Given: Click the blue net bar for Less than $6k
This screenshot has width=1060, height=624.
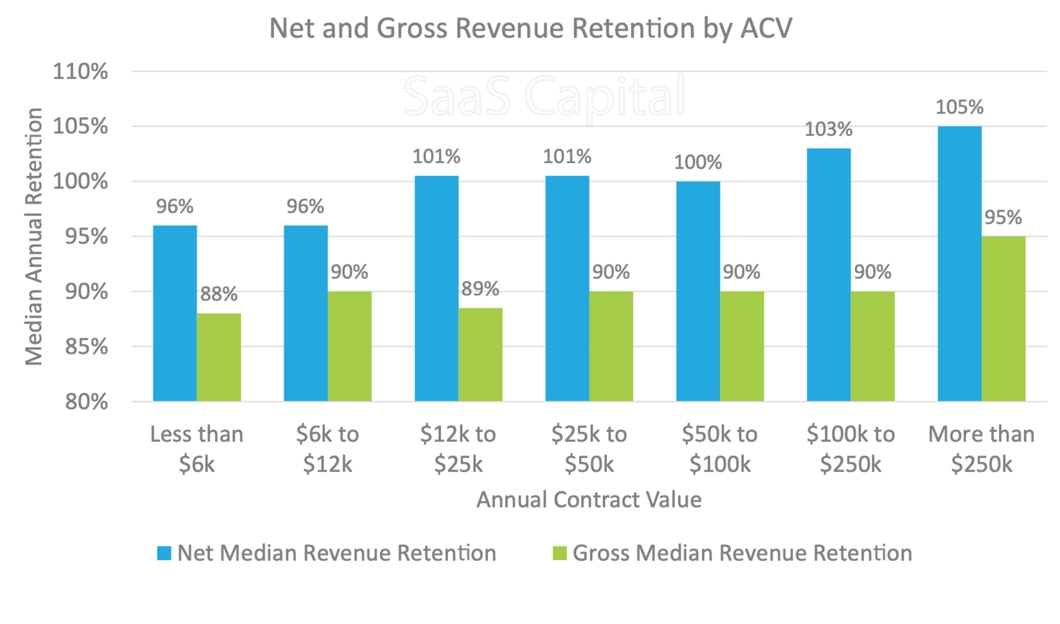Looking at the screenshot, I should click(175, 314).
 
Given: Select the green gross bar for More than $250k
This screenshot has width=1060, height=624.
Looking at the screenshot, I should click(1003, 319).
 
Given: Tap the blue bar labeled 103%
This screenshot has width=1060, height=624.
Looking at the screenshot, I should click(829, 275).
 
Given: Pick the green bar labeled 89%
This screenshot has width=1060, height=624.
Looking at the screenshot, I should click(480, 354).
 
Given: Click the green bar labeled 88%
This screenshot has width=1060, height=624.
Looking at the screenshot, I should click(218, 357).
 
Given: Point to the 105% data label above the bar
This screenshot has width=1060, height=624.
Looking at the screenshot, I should click(959, 107).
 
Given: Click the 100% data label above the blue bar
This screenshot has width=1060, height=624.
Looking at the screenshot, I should click(697, 162).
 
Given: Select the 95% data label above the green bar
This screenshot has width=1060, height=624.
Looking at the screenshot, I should click(1002, 218).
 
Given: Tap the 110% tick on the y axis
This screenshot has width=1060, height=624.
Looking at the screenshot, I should click(80, 71).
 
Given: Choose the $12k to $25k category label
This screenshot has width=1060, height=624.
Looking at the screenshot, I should click(458, 449).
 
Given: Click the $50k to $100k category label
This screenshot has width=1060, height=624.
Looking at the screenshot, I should click(719, 449).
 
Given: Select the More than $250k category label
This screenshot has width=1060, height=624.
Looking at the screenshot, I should click(981, 449).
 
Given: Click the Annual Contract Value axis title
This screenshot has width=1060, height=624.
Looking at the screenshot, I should click(588, 500).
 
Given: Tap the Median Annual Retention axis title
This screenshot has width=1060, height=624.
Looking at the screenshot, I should click(34, 236).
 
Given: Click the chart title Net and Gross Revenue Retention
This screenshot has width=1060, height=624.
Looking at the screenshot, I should click(530, 28).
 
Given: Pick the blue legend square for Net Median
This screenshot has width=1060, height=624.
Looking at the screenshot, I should click(164, 554).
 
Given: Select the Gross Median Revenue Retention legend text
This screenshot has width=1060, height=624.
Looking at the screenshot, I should click(742, 554).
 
